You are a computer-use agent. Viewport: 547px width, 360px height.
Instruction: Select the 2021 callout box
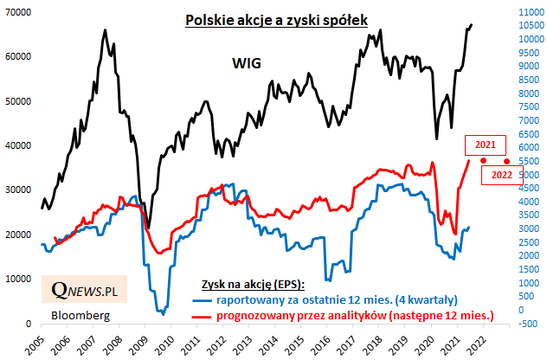pos(486,145)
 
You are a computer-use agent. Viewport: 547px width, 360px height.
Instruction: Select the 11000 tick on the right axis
pos(529,11)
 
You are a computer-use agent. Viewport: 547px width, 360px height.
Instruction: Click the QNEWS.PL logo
pos(83,290)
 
